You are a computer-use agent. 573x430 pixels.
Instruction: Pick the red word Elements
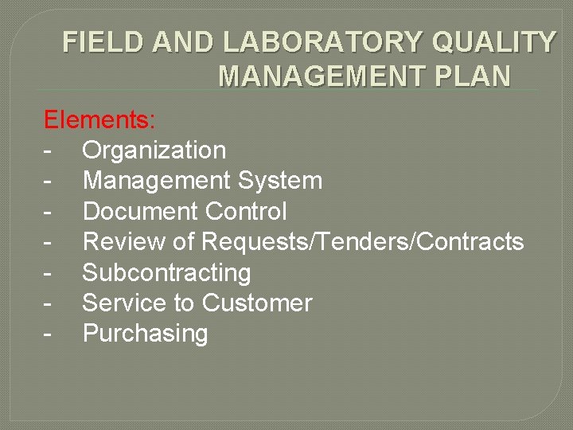click(99, 120)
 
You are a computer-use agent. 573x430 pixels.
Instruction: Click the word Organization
click(154, 150)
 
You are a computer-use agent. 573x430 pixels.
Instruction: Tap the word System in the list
click(279, 181)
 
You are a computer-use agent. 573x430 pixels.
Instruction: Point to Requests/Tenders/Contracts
click(363, 241)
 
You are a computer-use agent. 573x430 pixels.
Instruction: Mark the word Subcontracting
click(166, 272)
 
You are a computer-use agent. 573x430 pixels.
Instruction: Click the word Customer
click(257, 303)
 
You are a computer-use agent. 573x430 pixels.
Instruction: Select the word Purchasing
click(145, 334)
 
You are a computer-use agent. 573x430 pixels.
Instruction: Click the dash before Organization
click(49, 150)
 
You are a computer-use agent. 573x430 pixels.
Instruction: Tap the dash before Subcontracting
click(49, 273)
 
